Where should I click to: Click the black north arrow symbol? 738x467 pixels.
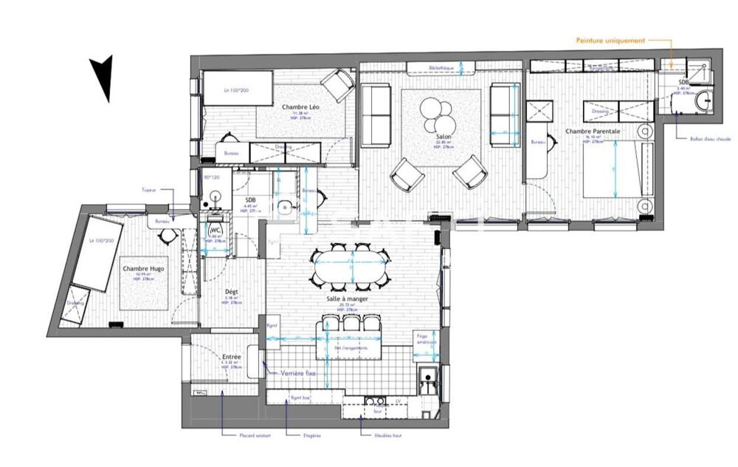[104, 77]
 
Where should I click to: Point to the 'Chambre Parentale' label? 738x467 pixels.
[593, 132]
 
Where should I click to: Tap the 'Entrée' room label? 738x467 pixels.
[232, 357]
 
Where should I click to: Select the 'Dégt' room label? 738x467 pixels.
[232, 291]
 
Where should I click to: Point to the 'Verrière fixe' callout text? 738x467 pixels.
[298, 374]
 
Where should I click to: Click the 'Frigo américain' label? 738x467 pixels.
[426, 341]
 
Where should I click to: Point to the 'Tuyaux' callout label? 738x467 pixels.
[149, 189]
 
